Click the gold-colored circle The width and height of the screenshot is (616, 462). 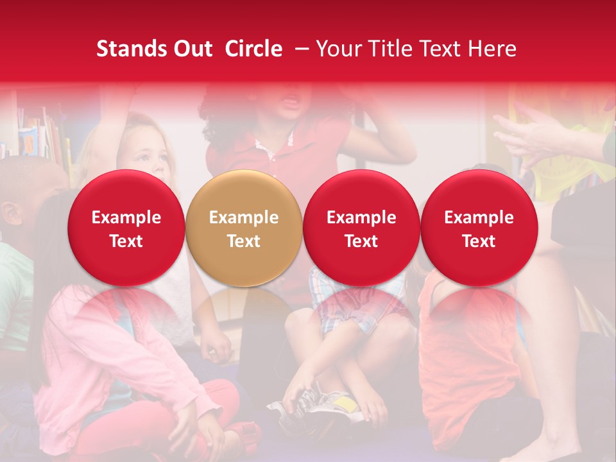tap(244, 228)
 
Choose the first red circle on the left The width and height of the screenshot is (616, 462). tap(126, 228)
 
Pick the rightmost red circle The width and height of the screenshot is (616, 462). tap(479, 228)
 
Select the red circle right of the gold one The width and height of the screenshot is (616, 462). tap(361, 228)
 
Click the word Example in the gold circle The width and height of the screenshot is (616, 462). tap(244, 218)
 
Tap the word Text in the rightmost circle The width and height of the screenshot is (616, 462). tap(479, 241)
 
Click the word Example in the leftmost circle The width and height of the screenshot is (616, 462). tap(126, 218)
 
